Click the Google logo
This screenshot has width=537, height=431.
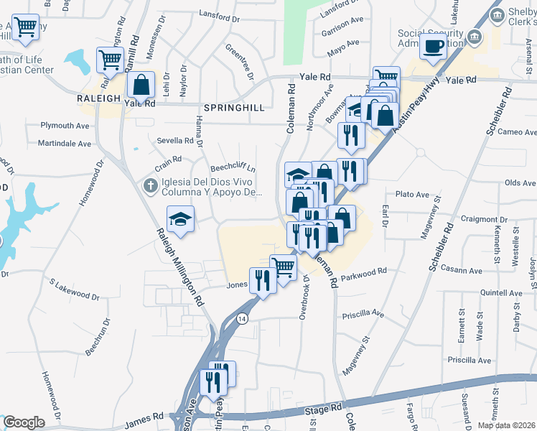pyautogui.click(x=23, y=422)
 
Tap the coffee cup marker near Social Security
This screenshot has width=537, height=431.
pyautogui.click(x=433, y=47)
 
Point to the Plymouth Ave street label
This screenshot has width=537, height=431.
pyautogui.click(x=65, y=125)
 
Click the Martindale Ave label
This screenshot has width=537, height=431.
pyautogui.click(x=65, y=144)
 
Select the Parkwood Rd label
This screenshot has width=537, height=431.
pyautogui.click(x=364, y=272)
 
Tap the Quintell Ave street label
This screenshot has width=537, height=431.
pyautogui.click(x=501, y=293)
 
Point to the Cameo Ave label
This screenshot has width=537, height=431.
pyautogui.click(x=517, y=132)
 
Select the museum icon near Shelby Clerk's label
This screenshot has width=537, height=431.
pyautogui.click(x=474, y=37)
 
